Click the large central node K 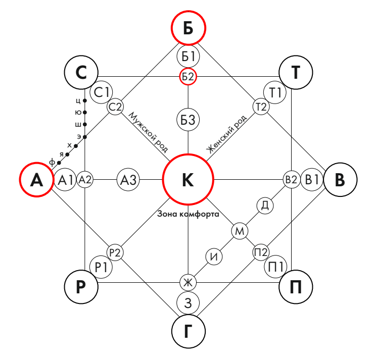(x=188, y=180)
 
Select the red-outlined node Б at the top (x=188, y=28)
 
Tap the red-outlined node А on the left (x=36, y=180)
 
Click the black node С (x=81, y=73)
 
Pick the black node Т (x=296, y=73)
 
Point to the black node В (x=340, y=180)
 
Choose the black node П (x=296, y=286)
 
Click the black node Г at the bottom (x=188, y=331)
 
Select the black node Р (x=81, y=286)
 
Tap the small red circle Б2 (x=188, y=77)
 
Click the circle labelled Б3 (x=188, y=120)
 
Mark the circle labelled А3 (x=128, y=180)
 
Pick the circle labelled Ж (x=188, y=282)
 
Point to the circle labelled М (x=240, y=231)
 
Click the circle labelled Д (x=265, y=205)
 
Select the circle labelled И (x=215, y=256)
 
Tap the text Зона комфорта (x=188, y=214)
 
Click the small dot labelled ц (x=84, y=100)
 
